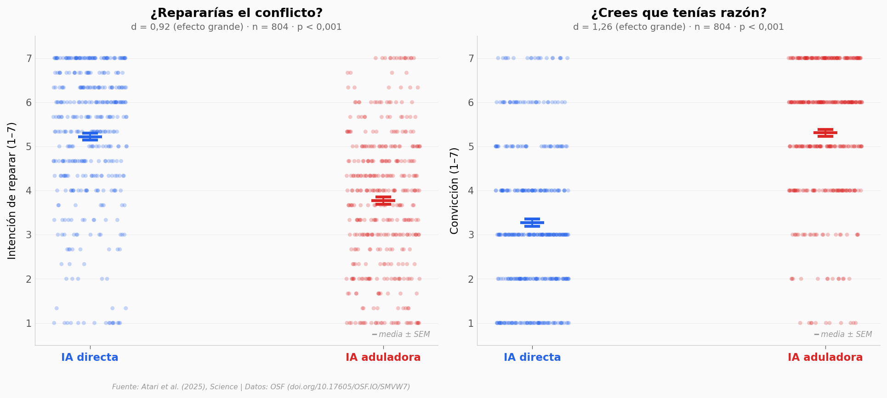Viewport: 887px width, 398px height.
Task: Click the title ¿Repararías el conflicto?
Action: point(236,13)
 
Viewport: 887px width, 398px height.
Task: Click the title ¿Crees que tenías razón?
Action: point(678,13)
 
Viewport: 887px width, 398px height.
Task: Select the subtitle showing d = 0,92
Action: point(236,27)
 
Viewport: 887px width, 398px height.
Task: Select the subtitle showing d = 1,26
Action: point(678,27)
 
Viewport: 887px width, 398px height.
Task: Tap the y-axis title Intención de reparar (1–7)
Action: point(12,191)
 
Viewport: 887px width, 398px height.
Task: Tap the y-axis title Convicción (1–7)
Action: point(454,191)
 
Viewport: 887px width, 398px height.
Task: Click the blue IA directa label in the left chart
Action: point(90,358)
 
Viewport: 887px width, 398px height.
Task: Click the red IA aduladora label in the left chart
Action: point(383,358)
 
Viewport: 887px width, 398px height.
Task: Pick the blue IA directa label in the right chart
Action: point(532,358)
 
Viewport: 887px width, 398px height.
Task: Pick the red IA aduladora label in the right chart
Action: point(825,358)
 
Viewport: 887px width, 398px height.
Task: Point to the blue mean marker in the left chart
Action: point(90,136)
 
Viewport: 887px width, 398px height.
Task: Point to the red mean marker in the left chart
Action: point(383,201)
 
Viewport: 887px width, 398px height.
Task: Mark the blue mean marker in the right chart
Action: point(532,223)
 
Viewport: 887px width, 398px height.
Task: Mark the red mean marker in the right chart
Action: point(825,133)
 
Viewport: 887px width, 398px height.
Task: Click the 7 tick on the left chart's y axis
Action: point(28,58)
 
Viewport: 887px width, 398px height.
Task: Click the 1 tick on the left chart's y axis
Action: point(28,323)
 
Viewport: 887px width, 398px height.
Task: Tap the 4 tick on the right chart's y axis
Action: point(471,191)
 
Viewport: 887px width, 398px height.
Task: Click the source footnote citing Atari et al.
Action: point(261,387)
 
